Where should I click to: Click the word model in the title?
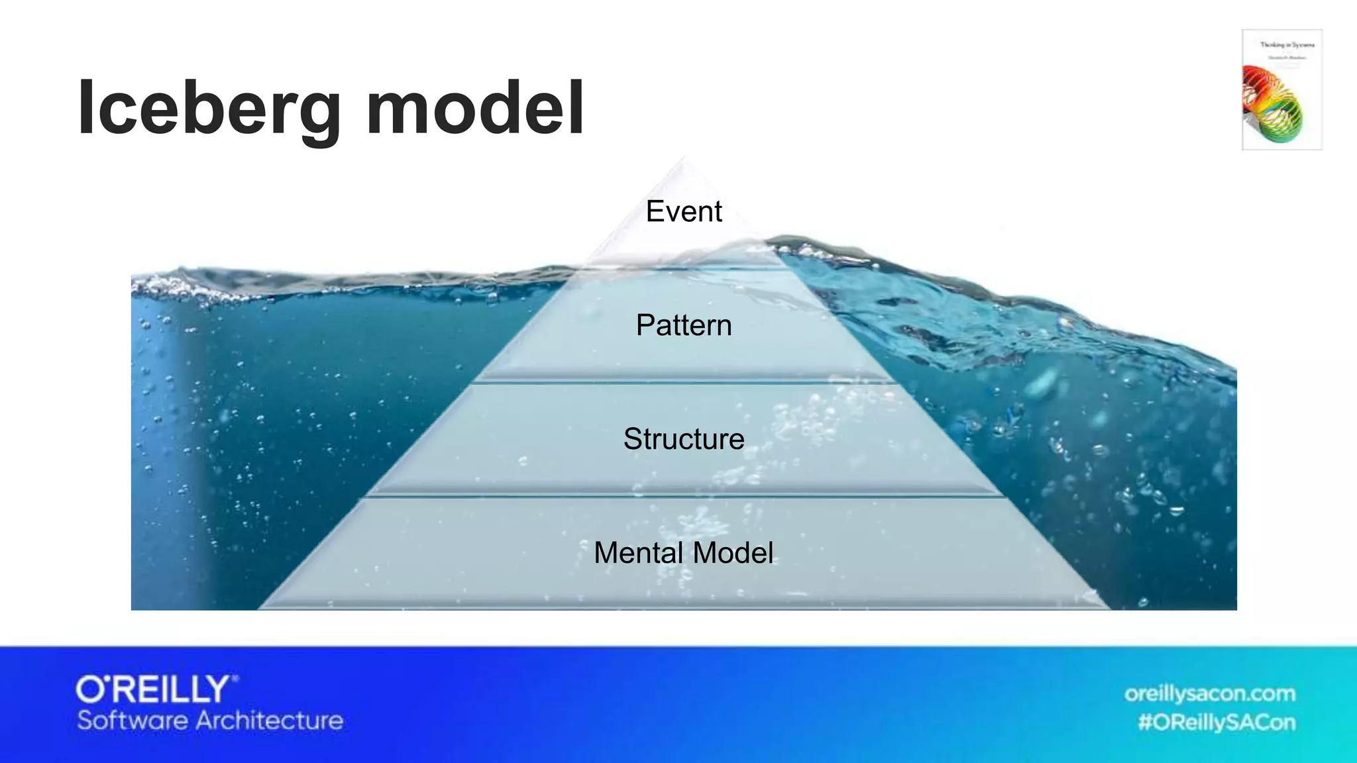(474, 108)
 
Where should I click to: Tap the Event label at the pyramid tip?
(683, 212)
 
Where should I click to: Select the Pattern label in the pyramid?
(683, 325)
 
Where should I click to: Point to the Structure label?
(683, 439)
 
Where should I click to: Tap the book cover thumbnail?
(1281, 89)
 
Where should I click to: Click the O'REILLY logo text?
(156, 689)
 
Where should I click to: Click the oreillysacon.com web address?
(1209, 693)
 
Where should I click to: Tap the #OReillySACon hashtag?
(1216, 722)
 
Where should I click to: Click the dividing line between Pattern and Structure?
(683, 382)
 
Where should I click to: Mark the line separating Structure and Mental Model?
(683, 496)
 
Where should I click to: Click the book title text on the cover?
(1287, 45)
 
